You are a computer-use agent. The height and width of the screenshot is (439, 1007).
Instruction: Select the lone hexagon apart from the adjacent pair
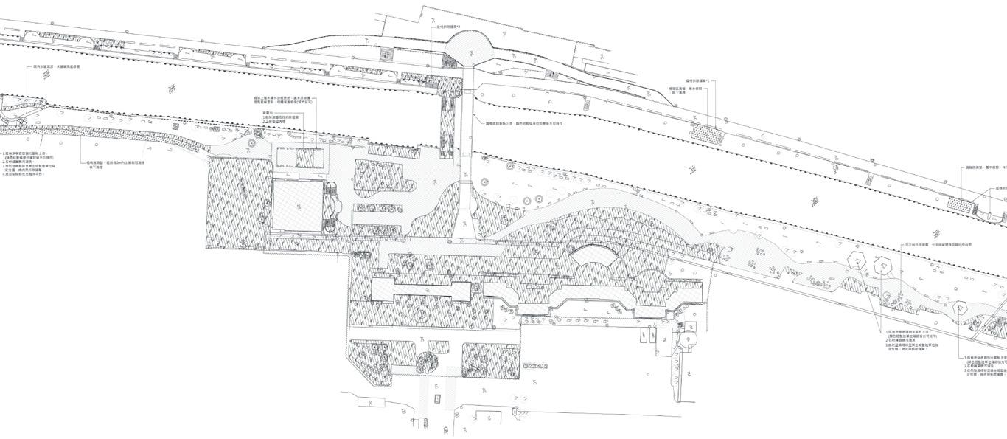click(x=960, y=307)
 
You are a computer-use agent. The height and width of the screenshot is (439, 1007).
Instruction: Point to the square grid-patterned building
click(x=298, y=207)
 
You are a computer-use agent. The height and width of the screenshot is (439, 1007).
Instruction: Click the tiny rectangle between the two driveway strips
click(x=437, y=398)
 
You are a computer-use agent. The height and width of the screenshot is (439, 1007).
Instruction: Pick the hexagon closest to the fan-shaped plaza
click(x=857, y=259)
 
